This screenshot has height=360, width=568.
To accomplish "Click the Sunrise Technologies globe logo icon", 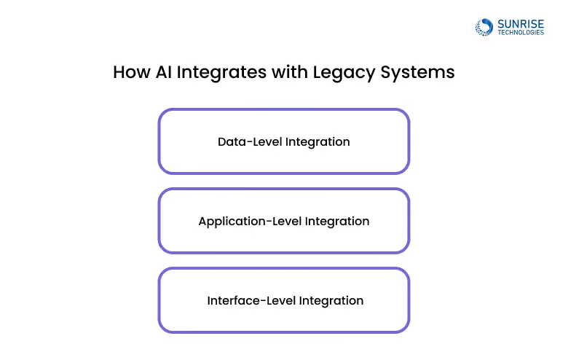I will click(484, 27).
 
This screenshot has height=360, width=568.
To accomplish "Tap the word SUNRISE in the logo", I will click(519, 23).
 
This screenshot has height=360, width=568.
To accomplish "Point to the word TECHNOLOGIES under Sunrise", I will click(519, 33).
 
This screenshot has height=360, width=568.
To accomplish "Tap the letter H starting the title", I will click(119, 73).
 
